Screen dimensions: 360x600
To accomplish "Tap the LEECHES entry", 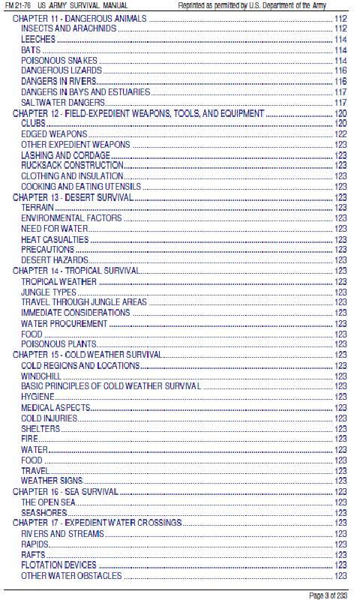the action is point(37,39).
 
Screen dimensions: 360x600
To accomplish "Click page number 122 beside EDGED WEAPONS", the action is point(340,133).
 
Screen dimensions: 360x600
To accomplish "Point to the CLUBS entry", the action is point(33,123).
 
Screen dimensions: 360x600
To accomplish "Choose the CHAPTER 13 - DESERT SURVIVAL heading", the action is point(73,197).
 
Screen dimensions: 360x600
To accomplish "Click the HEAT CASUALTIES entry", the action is point(55,239).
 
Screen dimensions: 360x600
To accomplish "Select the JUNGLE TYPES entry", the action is point(49,292).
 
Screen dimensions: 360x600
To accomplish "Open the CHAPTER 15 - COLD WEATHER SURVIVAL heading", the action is point(87,355).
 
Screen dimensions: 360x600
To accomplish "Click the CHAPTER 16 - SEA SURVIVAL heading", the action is point(65,491).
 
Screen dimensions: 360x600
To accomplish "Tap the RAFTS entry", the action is point(34,554).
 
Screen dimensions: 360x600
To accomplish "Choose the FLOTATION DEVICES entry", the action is point(58,565).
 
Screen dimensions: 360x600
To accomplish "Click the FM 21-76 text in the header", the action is point(17,5).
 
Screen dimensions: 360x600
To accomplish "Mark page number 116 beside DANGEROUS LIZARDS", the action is point(340,70).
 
